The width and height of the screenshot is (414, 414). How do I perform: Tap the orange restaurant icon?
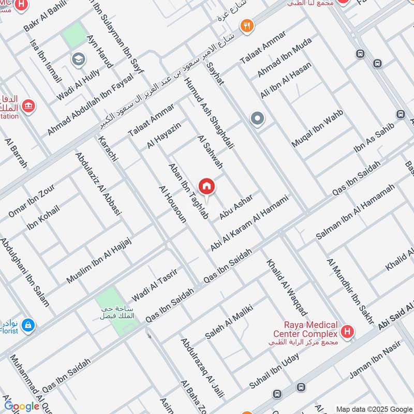pos(247,25)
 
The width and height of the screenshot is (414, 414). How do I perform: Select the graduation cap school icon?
pos(79,58)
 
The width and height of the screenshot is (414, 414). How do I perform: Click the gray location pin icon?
pos(257,120)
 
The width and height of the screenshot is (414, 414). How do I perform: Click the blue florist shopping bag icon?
pos(29,324)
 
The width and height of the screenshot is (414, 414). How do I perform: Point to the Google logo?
pos(22,406)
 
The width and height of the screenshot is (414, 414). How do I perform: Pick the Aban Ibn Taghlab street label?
pos(189,192)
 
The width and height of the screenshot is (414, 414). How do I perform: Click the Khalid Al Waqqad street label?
pos(287,287)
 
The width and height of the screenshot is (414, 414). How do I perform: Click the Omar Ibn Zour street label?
pos(32,201)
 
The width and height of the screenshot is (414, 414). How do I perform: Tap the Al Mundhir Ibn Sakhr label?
pos(350,290)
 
